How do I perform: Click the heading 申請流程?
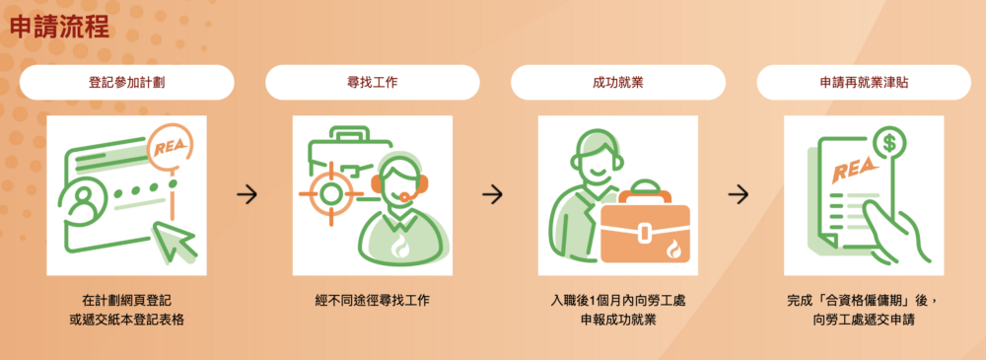pos(60,28)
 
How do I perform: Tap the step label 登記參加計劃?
pos(127,83)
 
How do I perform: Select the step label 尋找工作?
pos(373,83)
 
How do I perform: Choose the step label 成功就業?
pos(618,83)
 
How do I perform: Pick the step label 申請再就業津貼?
pos(864,83)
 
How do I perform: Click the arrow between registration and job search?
pos(247,195)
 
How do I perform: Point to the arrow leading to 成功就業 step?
pos(492,195)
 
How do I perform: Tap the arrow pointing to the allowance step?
pos(739,195)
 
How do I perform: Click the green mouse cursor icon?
pos(176,242)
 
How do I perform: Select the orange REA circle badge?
pos(171,149)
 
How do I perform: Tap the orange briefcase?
pos(645,225)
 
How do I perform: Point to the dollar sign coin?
pos(889,144)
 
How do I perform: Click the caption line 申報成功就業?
pos(618,321)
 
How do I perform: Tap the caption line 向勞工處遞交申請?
pos(864,321)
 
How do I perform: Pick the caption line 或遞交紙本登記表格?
pos(127,321)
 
